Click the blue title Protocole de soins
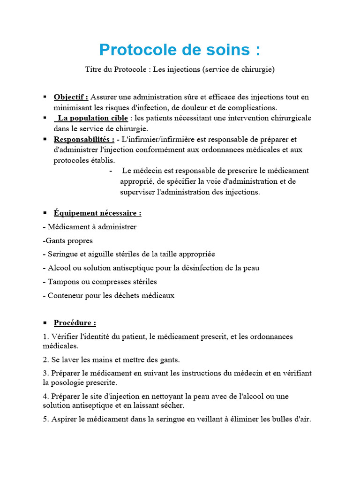coord(180,50)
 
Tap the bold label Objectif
coord(71,97)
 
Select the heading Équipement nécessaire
coord(97,213)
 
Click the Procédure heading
coord(75,322)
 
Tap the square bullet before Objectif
coord(45,97)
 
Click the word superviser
coord(136,192)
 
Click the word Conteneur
coord(65,295)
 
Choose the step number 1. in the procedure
coord(45,337)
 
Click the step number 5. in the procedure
coord(45,419)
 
